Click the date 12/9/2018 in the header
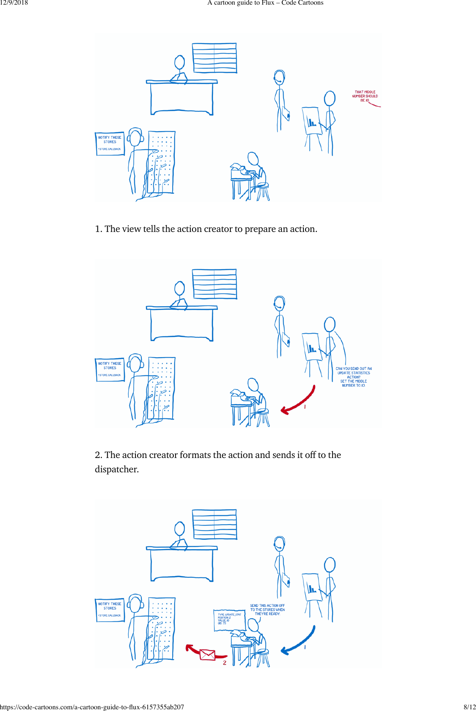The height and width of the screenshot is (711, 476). tap(14, 3)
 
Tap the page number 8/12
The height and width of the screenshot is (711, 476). tap(469, 707)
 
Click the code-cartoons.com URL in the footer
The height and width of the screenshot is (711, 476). tap(92, 707)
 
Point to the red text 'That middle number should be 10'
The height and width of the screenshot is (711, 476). tap(365, 96)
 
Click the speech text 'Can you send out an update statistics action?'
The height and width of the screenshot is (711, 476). tap(354, 373)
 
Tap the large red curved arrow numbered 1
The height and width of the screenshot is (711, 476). tap(299, 401)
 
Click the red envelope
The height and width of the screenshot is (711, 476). tap(207, 655)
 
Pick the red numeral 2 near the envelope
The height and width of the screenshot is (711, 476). tap(224, 663)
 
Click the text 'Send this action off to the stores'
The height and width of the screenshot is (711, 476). tap(267, 610)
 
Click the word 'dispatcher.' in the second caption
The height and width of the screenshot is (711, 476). tap(116, 469)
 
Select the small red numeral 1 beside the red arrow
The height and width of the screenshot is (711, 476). tap(305, 407)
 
